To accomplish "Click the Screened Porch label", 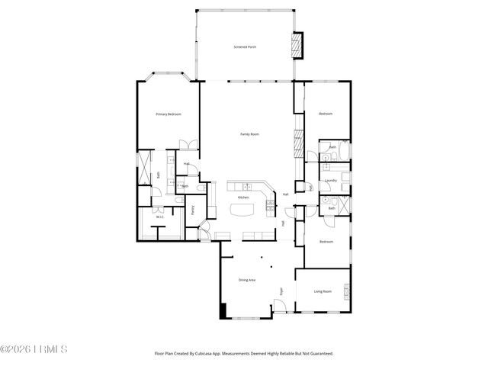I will [x=245, y=47].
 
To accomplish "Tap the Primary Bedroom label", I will [x=169, y=114].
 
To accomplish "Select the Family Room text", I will [x=250, y=134].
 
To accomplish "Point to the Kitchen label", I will [x=243, y=197].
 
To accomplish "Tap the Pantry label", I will [x=193, y=209].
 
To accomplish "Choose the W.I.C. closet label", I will [x=159, y=217].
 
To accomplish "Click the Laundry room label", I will [x=330, y=181].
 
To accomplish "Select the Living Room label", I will [x=323, y=291].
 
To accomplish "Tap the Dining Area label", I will [x=246, y=280].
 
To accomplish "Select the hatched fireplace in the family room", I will [x=297, y=141].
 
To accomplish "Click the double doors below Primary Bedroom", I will [x=184, y=145].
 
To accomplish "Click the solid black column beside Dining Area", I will [x=223, y=311].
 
